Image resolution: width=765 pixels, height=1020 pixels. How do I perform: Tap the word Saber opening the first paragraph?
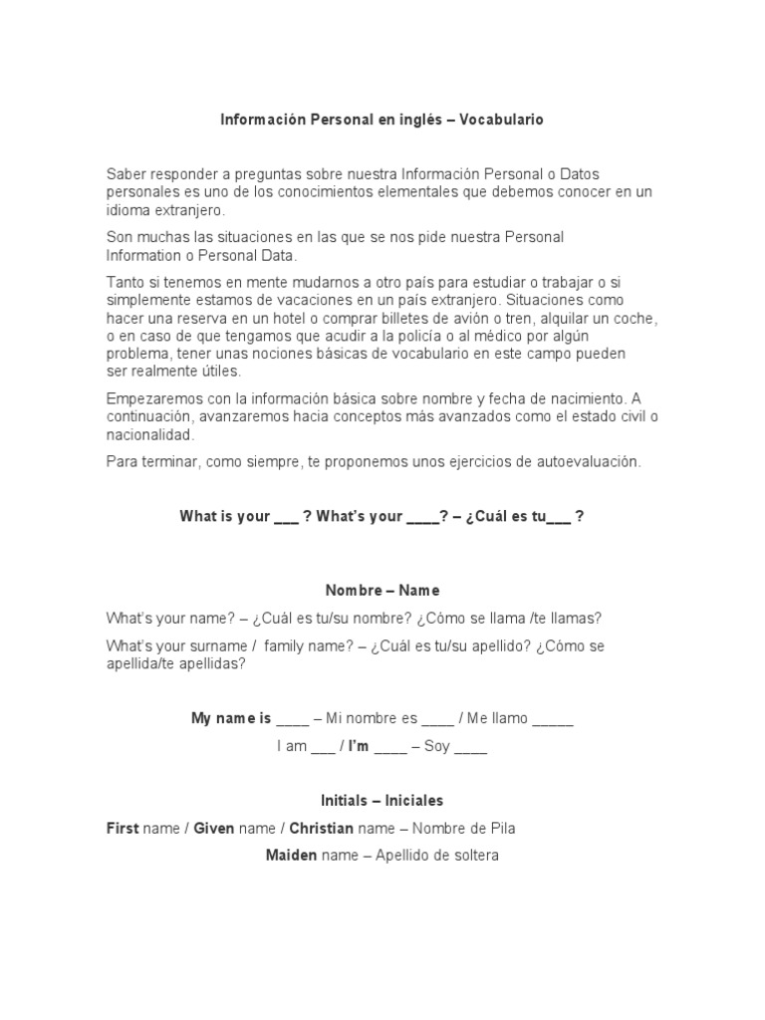[126, 174]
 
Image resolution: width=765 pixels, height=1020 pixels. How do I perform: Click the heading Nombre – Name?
[382, 591]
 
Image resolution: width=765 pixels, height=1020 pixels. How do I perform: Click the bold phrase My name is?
[231, 718]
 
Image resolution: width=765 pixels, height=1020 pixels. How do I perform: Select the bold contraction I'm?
[359, 746]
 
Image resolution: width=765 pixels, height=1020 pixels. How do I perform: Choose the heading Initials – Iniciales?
[382, 800]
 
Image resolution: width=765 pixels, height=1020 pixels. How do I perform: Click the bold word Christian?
[322, 828]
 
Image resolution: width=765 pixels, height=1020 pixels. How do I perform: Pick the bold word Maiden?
[292, 855]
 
